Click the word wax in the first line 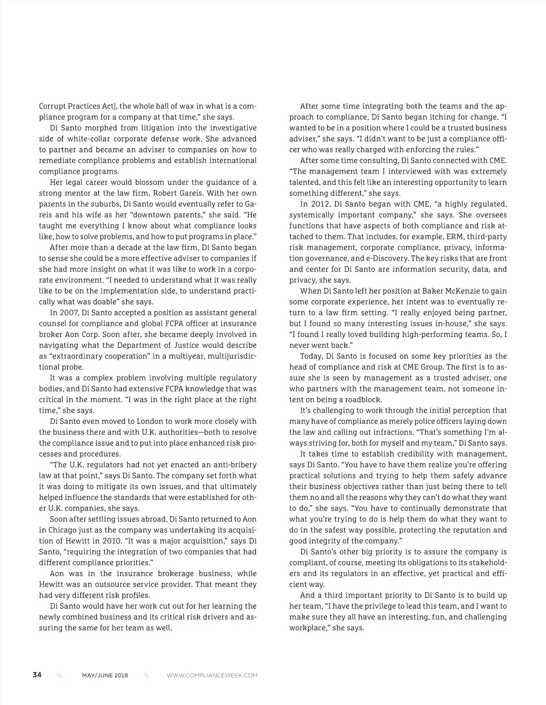coord(187,106)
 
